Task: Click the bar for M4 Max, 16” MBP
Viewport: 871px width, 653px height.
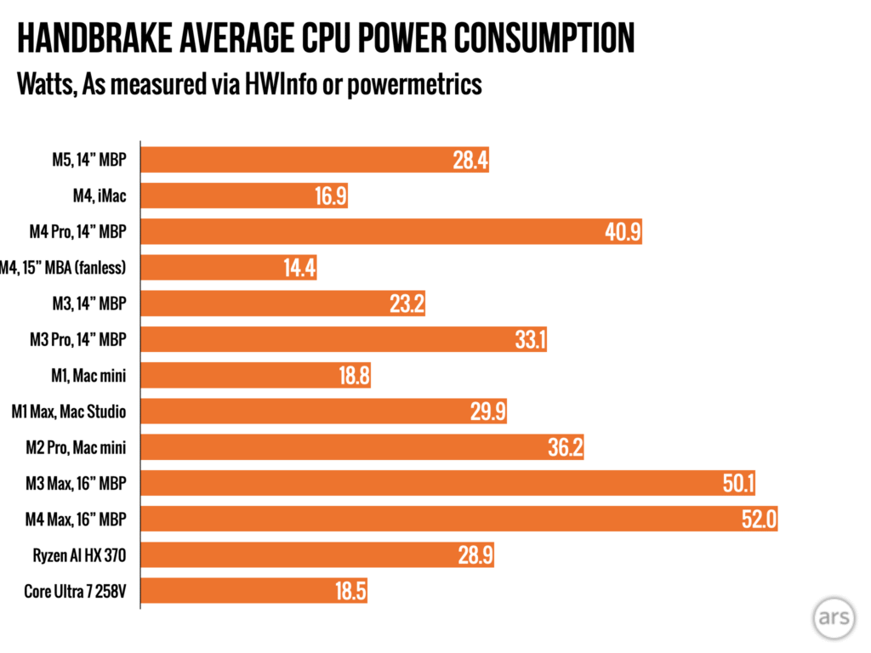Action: [x=459, y=520]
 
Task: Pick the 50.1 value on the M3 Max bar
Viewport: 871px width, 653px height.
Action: [x=736, y=484]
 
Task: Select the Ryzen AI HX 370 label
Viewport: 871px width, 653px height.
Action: [x=85, y=555]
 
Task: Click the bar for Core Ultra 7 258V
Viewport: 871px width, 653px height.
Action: [x=255, y=592]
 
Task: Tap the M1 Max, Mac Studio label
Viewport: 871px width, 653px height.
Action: [x=70, y=412]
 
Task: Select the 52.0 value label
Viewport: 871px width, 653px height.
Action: [x=759, y=520]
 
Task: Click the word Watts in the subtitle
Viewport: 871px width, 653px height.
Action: [x=42, y=85]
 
